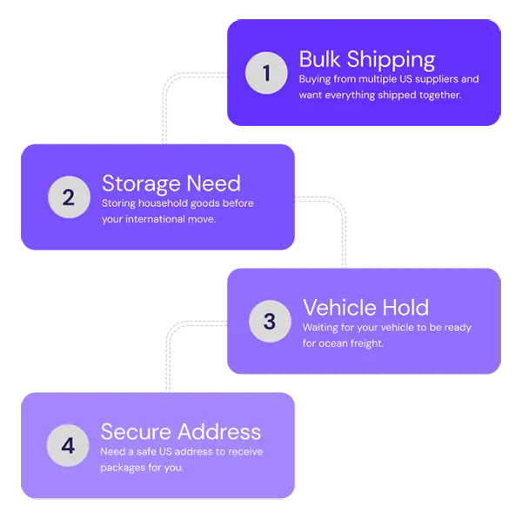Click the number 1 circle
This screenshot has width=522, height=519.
[x=266, y=74]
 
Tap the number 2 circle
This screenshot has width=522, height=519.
[x=68, y=197]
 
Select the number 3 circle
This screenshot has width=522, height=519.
[x=269, y=322]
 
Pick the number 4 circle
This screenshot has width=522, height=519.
[x=68, y=446]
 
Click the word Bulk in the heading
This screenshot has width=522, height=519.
[x=319, y=59]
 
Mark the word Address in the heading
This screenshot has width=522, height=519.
[x=220, y=432]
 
